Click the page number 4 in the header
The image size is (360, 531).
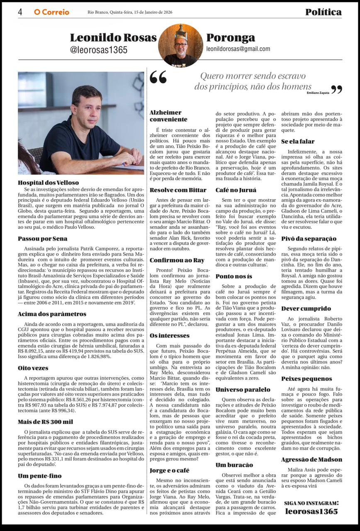(x=20, y=12)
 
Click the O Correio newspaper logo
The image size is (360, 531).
(x=51, y=12)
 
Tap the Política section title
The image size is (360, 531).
(x=324, y=12)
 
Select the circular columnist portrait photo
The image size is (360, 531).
(x=180, y=45)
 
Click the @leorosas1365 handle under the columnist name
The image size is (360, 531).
(x=99, y=50)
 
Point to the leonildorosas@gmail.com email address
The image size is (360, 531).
(x=238, y=49)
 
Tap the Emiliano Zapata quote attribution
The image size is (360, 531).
(x=318, y=93)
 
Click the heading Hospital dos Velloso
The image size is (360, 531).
(x=48, y=183)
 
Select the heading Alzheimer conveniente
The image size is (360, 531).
(x=168, y=116)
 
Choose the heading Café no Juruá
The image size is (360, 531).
(x=236, y=190)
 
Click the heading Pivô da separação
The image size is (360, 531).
(x=309, y=239)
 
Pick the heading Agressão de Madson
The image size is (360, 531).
(x=311, y=459)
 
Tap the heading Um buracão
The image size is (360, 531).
(x=234, y=465)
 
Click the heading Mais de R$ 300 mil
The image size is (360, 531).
(x=45, y=422)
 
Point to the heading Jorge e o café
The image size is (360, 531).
(x=169, y=470)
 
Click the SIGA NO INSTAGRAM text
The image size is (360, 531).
(x=311, y=503)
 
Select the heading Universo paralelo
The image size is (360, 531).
(x=243, y=390)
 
